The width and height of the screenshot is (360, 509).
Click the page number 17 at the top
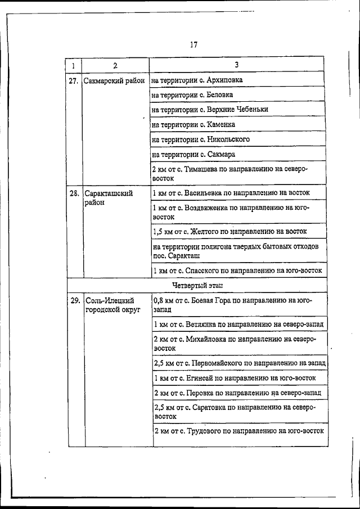pos(193,45)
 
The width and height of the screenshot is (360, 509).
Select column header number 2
pos(115,65)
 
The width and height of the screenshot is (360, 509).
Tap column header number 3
pos(236,65)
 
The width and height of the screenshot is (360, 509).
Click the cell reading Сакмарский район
pos(115,81)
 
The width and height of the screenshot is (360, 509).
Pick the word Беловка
pos(220,95)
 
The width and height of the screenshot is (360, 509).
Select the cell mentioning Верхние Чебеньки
pos(210,110)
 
